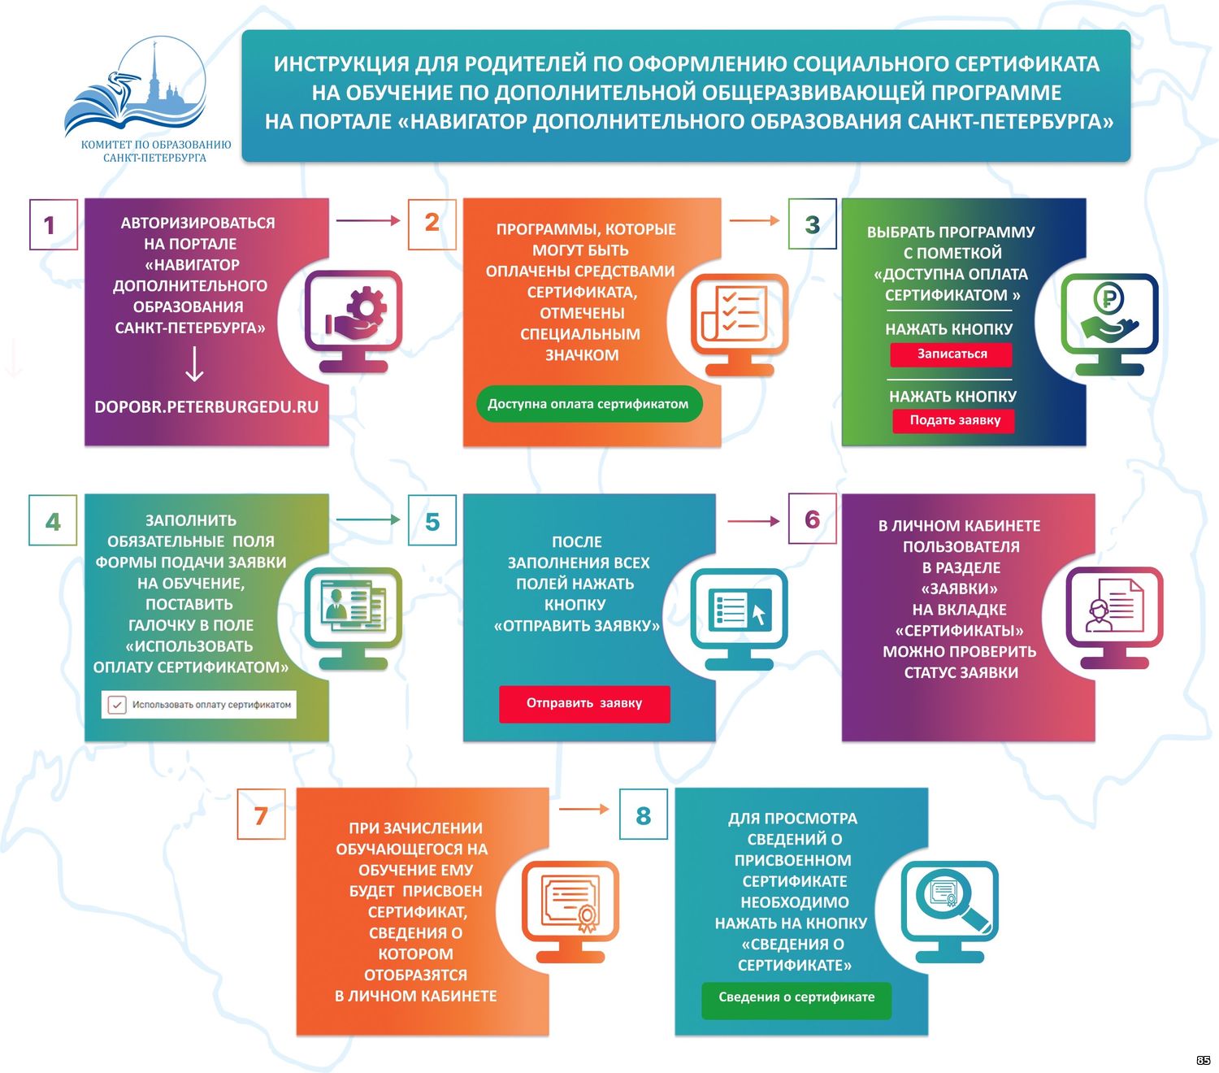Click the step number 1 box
tap(54, 224)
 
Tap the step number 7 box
tap(261, 815)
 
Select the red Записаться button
tap(951, 354)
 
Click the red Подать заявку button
tap(953, 420)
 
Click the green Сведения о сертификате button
tap(796, 997)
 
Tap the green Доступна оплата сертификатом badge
tap(588, 404)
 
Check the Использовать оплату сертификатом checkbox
tap(117, 704)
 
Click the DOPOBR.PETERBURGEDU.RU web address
tap(206, 406)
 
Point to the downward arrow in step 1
tap(193, 363)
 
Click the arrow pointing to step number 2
tap(367, 221)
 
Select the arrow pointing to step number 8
tap(583, 809)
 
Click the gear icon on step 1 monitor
tap(365, 306)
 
